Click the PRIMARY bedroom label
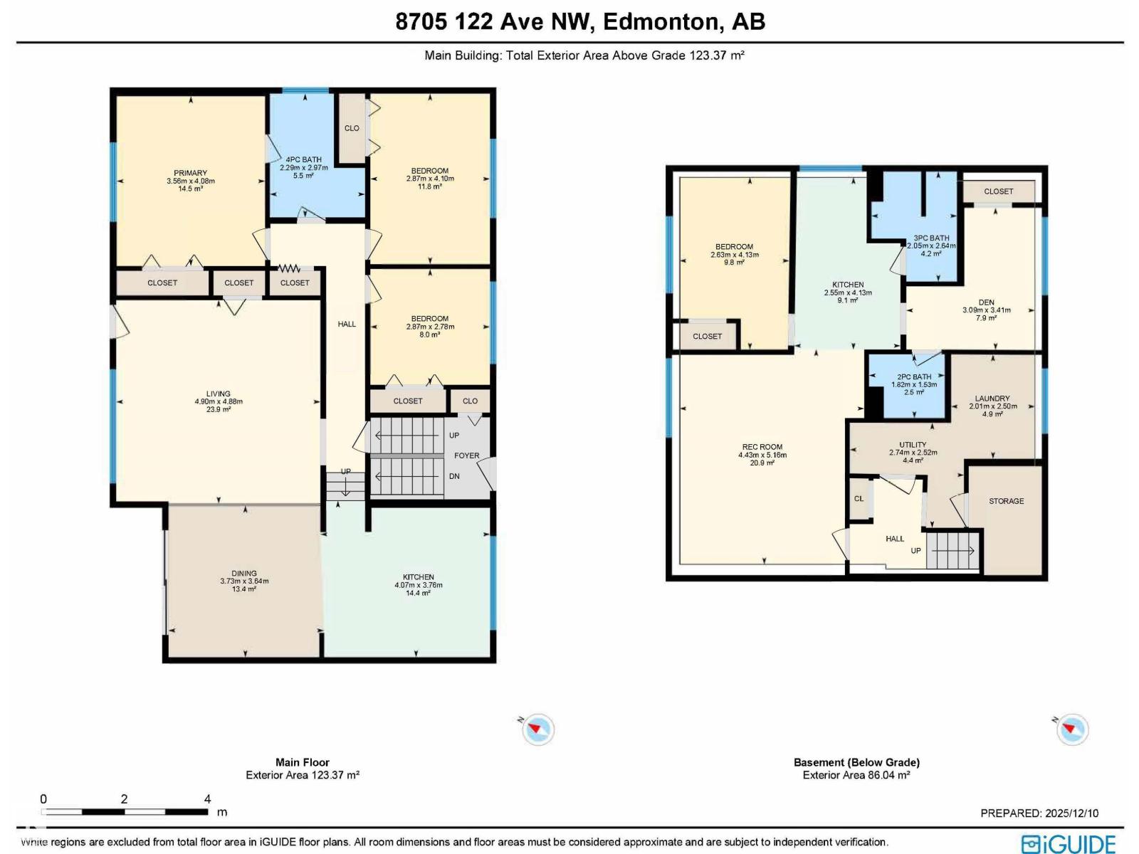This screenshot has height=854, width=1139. point(191,173)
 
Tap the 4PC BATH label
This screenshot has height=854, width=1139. point(303,159)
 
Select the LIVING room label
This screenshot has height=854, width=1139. point(218,394)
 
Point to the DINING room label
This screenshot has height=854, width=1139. point(244,573)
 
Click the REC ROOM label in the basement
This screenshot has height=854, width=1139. point(762,446)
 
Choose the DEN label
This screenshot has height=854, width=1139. point(987,302)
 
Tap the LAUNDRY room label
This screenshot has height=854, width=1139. point(992,399)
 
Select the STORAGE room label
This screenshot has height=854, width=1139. point(1006,501)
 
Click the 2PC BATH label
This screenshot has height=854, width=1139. point(914,376)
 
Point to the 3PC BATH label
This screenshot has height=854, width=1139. point(931,238)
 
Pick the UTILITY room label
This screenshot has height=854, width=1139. point(913,444)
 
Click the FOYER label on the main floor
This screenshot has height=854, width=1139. point(466,455)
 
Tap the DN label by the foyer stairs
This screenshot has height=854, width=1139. point(454,476)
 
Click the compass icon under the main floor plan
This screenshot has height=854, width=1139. point(537,729)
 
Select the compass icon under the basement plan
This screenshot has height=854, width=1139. point(1071,729)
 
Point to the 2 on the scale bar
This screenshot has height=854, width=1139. point(124,799)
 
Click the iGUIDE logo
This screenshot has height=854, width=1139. point(1069,844)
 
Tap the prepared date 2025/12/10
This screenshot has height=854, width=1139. point(1071,813)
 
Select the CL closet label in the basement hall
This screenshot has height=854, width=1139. point(859,498)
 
